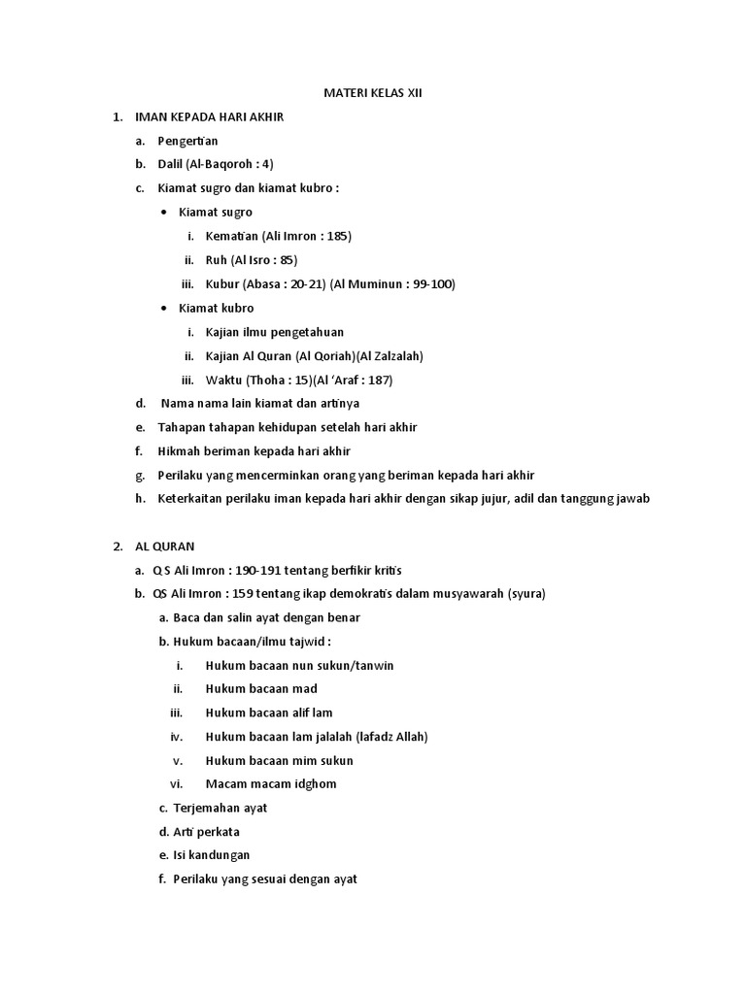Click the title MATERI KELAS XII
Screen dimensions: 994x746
click(x=372, y=94)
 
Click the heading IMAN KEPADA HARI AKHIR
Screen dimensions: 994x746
click(x=209, y=117)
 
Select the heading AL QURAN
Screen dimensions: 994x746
click(x=165, y=547)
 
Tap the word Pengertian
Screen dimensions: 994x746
click(x=187, y=141)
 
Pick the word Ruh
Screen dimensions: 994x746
click(x=216, y=260)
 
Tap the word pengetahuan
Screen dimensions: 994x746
click(x=304, y=332)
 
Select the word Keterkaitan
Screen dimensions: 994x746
click(x=191, y=499)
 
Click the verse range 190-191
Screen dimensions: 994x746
click(x=267, y=571)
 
